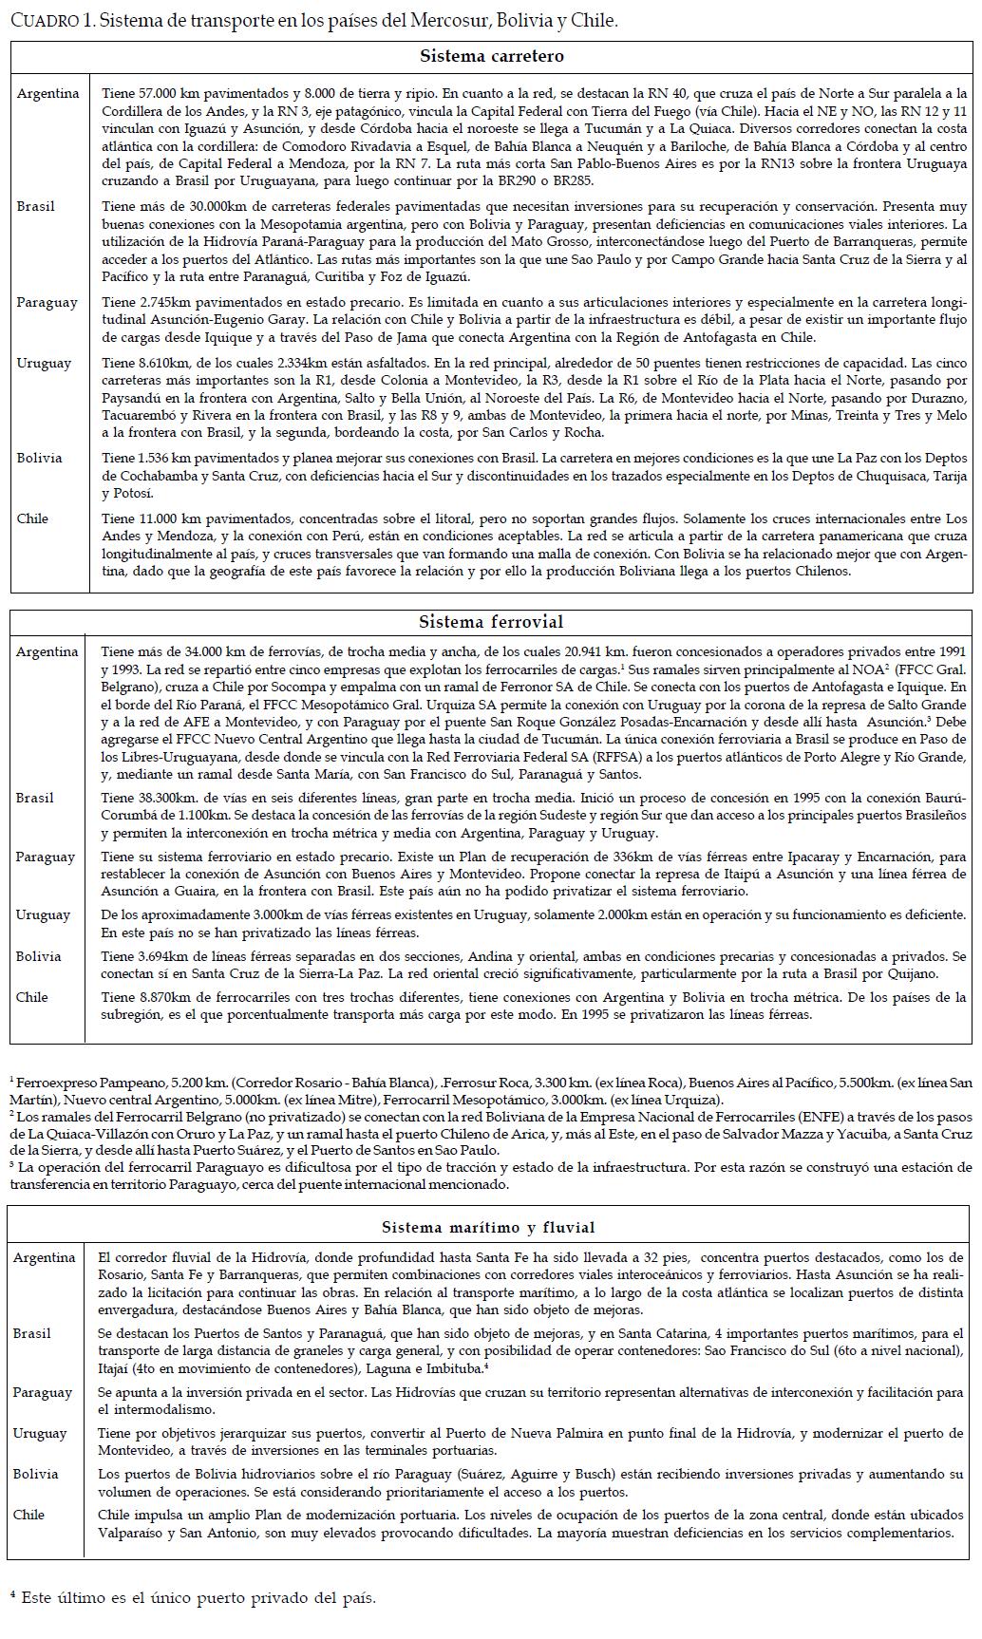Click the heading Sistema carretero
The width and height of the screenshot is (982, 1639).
(491, 57)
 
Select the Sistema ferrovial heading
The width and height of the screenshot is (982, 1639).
(491, 623)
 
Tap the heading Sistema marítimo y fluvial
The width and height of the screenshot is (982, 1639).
(488, 1228)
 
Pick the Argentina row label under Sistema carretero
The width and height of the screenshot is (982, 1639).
(47, 94)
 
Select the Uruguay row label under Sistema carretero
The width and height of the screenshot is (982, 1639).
(44, 364)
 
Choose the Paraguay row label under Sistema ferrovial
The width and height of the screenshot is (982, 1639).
(46, 857)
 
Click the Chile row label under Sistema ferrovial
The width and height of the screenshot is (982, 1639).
(32, 997)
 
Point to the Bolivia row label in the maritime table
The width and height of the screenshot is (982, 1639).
(36, 1474)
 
